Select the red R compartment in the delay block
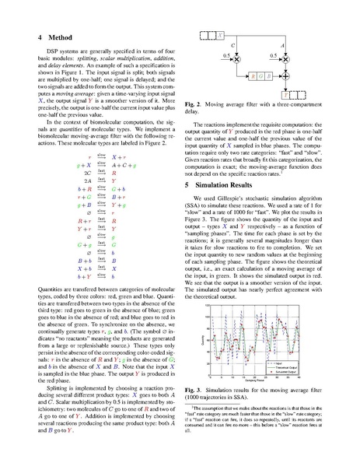253,77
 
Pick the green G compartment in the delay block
262,77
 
